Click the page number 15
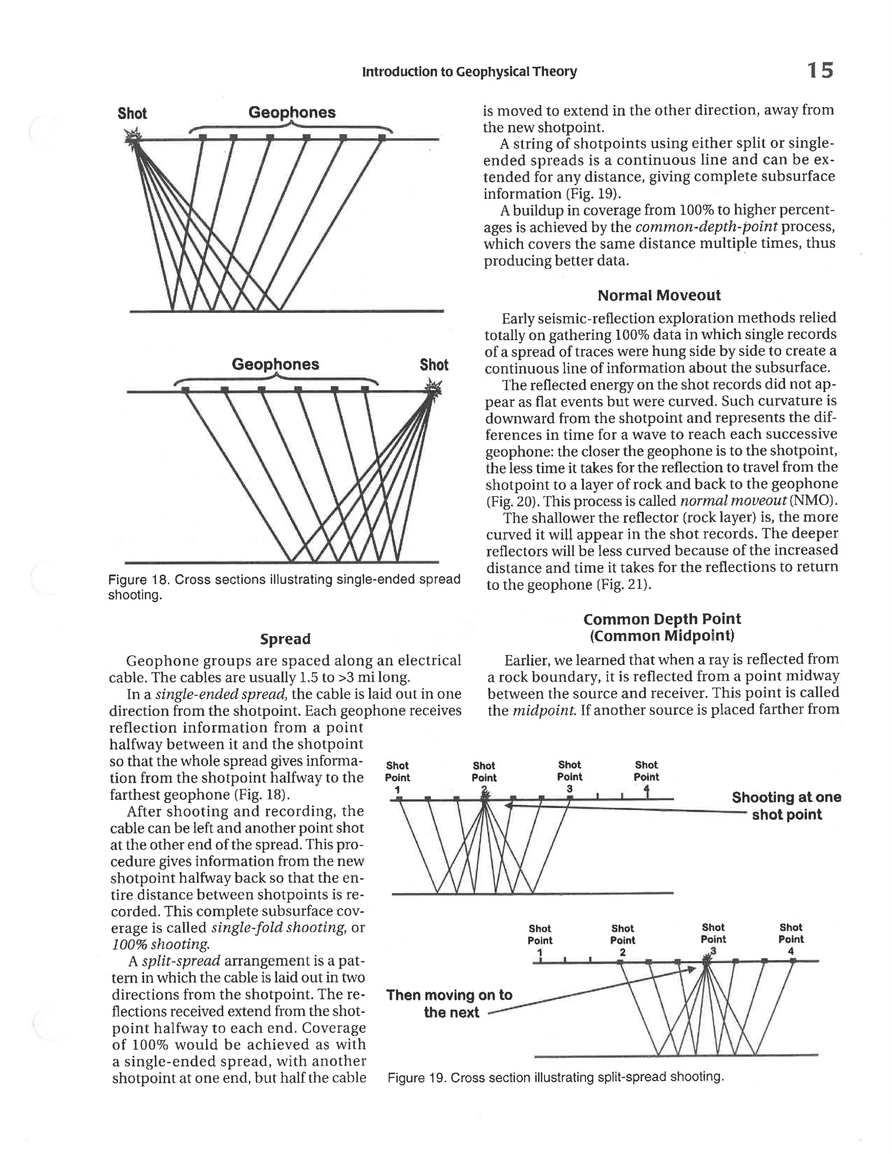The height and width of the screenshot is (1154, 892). point(820,70)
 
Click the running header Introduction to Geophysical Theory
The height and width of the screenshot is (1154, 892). point(469,72)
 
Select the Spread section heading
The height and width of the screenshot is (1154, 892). point(285,639)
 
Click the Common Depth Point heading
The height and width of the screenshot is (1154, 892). point(662,619)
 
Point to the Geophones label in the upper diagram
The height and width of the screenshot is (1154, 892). point(292,112)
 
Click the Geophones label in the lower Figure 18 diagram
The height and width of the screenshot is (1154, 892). point(275,364)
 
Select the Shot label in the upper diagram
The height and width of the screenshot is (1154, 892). point(132,114)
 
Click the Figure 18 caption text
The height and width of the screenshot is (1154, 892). point(284,587)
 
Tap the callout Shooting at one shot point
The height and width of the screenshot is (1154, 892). point(786,805)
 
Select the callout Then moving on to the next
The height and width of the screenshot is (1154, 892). point(449,1003)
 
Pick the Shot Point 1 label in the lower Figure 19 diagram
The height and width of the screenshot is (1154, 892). point(540,940)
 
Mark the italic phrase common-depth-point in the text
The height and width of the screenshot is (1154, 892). point(706,227)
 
